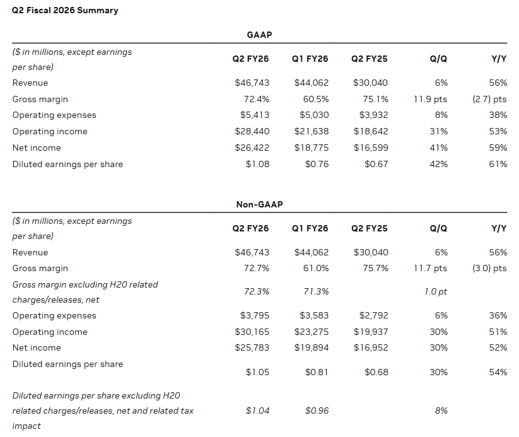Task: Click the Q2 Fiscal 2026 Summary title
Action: [65, 11]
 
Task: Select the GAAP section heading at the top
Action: [260, 35]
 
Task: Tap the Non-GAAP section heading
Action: [260, 204]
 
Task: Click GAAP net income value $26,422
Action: [252, 148]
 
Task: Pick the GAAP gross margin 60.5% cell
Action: [316, 99]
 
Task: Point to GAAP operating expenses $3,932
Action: [374, 115]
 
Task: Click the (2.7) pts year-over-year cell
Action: [489, 99]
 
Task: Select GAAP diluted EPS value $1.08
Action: [257, 164]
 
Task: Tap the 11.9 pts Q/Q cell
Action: [430, 99]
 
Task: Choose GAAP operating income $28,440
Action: [252, 131]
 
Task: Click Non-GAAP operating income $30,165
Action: [252, 332]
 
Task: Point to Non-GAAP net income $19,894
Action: [312, 347]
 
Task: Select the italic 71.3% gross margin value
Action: [316, 291]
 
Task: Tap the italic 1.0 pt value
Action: [436, 291]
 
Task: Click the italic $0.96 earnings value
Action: [317, 411]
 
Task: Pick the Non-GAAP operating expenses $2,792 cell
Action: [374, 315]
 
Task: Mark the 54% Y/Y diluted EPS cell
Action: [498, 372]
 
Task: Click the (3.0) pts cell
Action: [489, 268]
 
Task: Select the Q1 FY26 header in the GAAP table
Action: [310, 59]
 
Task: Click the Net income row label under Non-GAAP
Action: [37, 347]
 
